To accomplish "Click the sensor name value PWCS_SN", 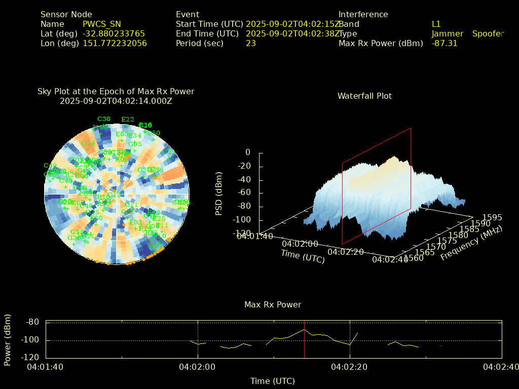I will pos(102,24).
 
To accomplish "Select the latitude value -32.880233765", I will pos(114,33).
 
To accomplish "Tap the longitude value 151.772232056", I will pos(115,43).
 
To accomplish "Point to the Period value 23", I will pos(251,43).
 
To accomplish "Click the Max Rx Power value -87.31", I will pos(444,43).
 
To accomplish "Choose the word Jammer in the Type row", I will pos(448,33).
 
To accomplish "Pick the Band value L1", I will pos(436,24).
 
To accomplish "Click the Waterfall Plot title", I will pos(364,96).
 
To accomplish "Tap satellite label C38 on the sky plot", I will pos(104,119).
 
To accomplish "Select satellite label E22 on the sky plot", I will pos(128,120).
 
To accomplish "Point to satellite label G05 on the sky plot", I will pos(135,144).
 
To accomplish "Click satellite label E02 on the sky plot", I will pos(136,222).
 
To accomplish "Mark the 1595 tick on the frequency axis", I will pos(492,217).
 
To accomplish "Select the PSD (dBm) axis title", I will pos(219,192).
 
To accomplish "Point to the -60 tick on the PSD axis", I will pos(244,193).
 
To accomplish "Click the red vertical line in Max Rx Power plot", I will pos(304,339).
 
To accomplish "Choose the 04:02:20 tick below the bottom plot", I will pos(349,367).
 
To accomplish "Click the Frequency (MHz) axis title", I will pos(471,243).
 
